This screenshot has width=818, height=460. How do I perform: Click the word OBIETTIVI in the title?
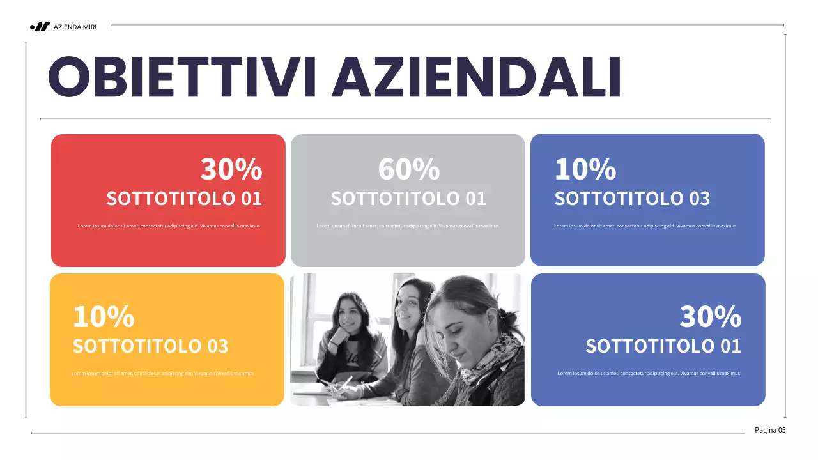pos(182,77)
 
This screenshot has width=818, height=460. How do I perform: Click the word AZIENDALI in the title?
pos(476,77)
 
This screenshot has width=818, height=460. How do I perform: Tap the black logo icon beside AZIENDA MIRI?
pos(40,27)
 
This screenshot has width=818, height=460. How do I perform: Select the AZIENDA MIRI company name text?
pos(75,27)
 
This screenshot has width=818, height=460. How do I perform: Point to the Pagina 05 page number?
pos(770,430)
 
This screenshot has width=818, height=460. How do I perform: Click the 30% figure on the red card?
pos(231,169)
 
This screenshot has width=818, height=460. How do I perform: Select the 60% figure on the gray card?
pos(409,169)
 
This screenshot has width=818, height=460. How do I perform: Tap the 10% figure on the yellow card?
pos(104,316)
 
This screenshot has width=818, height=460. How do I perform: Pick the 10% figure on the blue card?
pos(585,169)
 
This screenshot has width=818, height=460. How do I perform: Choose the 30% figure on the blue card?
pos(710,316)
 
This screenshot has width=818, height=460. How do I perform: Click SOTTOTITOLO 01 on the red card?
pos(184,199)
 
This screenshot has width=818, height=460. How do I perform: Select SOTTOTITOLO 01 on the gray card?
pos(408,199)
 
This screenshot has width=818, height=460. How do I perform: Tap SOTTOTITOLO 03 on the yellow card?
pos(150,346)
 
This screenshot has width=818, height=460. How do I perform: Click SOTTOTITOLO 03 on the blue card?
pos(632,199)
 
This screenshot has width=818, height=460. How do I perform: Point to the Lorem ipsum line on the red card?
pos(169,226)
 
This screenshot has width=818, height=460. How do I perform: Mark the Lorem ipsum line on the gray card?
pos(407,226)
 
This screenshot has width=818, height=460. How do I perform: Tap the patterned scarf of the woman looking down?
pos(495,358)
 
